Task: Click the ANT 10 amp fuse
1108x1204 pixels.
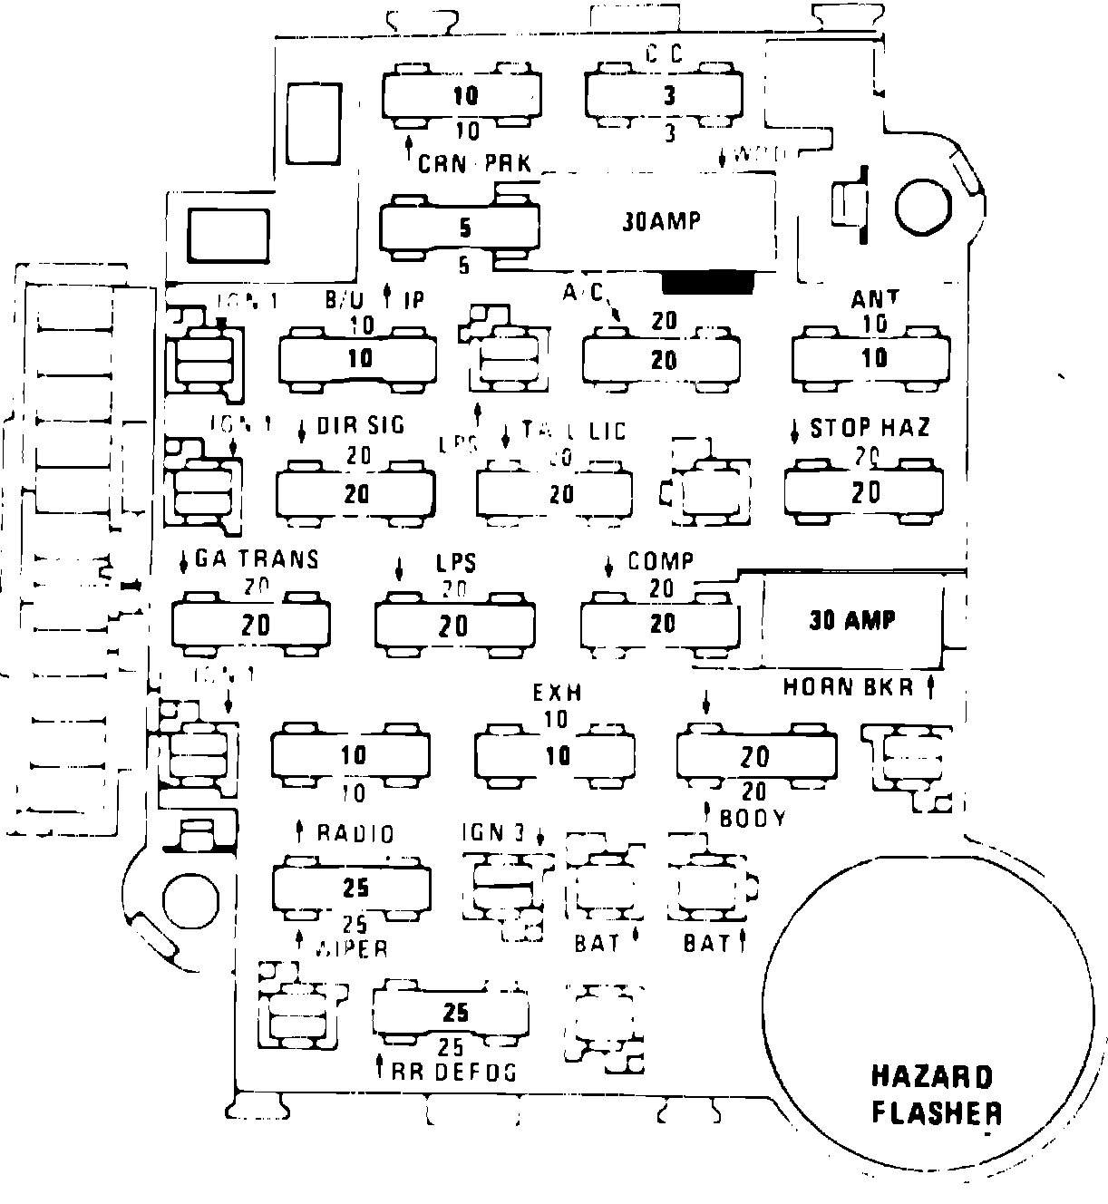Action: click(872, 358)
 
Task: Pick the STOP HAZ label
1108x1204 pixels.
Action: click(870, 427)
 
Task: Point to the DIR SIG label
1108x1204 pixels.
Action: click(360, 426)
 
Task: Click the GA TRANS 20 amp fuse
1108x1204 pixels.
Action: click(251, 624)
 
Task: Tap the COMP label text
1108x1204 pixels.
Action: click(661, 561)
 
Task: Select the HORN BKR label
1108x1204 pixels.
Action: click(849, 687)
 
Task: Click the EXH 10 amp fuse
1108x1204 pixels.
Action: click(555, 754)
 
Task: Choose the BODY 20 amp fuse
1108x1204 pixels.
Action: click(756, 754)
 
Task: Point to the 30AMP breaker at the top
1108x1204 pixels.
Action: click(662, 221)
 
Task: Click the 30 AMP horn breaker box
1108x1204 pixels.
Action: click(851, 621)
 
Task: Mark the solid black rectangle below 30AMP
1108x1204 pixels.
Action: click(708, 283)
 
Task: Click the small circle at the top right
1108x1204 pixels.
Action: click(922, 208)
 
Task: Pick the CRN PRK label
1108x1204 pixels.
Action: click(473, 164)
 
